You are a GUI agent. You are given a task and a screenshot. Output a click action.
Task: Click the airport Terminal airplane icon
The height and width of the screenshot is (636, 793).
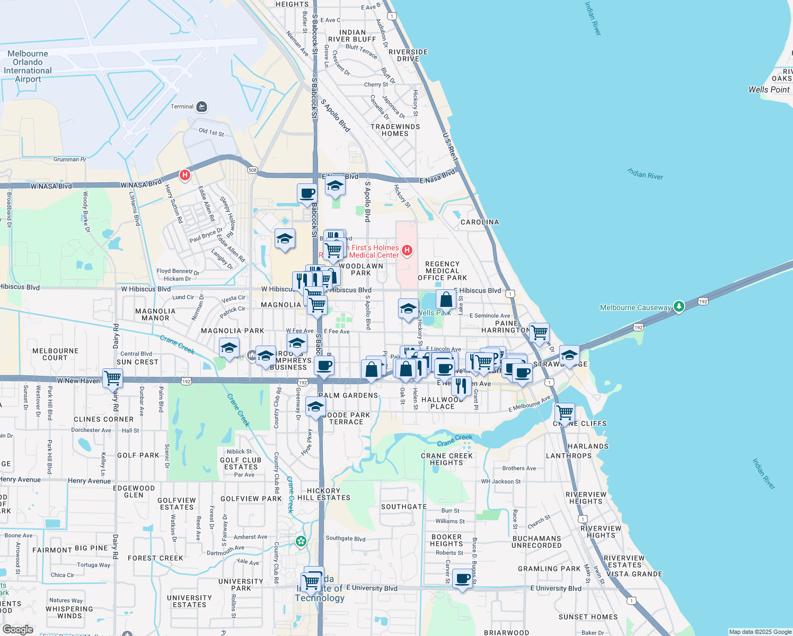(201, 107)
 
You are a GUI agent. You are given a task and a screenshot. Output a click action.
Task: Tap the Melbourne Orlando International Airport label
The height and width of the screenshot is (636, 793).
(28, 66)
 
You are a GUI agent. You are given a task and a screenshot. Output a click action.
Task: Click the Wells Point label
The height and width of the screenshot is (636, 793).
(769, 90)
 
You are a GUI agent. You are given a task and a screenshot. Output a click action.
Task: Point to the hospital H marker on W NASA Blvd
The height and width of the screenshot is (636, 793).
(184, 174)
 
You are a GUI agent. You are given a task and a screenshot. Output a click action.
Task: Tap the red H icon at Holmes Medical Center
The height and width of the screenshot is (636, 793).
(407, 250)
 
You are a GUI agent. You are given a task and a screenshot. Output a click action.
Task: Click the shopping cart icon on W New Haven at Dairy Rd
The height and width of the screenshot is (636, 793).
(113, 378)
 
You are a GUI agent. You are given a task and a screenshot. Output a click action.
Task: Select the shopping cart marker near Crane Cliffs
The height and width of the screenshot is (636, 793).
(565, 412)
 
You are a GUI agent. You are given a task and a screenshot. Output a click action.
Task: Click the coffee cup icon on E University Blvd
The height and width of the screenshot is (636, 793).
(463, 578)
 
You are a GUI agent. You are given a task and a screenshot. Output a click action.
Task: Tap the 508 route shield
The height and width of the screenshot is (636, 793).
(252, 170)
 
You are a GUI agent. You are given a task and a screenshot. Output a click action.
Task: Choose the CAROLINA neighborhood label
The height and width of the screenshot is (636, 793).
(480, 222)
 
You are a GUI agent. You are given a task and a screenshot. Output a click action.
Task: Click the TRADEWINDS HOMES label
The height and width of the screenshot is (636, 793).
(395, 130)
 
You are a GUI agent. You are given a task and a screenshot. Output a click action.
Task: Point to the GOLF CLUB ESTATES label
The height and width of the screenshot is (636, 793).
(241, 463)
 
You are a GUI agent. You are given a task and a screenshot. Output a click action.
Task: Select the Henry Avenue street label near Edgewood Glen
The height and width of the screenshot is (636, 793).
(90, 481)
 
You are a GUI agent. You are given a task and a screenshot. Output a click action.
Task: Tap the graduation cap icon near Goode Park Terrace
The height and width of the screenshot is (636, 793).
(315, 407)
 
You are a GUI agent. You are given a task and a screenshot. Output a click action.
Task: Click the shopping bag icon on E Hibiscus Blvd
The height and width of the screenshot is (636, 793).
(446, 299)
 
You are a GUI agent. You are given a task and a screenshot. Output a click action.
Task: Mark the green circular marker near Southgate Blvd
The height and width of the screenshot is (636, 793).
(301, 541)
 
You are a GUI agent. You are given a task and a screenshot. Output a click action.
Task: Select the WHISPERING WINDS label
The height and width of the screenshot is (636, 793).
(69, 612)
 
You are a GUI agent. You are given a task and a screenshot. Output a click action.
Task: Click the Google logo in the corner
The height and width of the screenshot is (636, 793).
(18, 629)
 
